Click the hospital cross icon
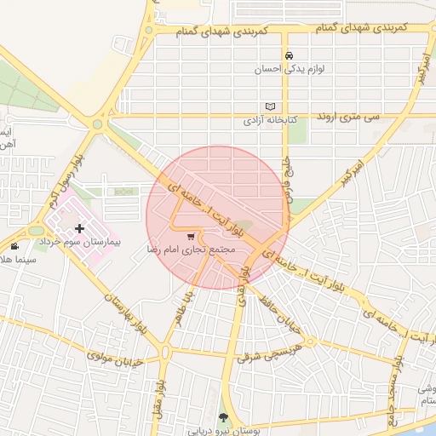coord(79,228)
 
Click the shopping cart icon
coord(191,237)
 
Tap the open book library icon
coord(271,106)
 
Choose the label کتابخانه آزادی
coord(270,120)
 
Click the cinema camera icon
coord(14,246)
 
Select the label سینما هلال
coord(17,258)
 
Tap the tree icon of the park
coord(223,417)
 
